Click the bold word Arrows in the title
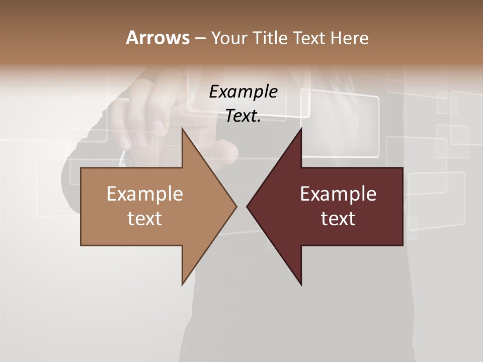point(157,38)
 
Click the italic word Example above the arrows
point(243,92)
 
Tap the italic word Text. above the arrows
point(243,116)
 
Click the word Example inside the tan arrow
point(145,194)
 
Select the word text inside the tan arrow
point(145,219)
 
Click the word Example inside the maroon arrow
point(338,194)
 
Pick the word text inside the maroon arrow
point(338,219)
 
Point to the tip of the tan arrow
point(235,206)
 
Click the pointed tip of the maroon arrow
point(248,206)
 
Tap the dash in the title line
point(200,38)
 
